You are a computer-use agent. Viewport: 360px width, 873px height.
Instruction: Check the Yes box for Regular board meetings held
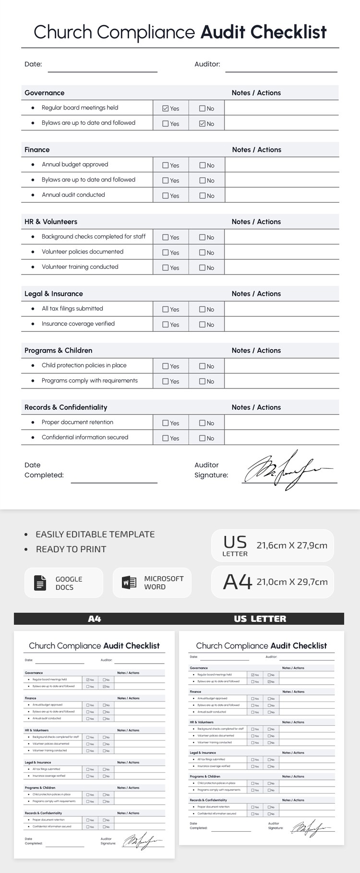pyautogui.click(x=166, y=109)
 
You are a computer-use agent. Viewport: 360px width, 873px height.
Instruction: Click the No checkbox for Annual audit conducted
pyautogui.click(x=203, y=195)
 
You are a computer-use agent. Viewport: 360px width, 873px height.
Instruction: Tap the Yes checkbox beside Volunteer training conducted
pyautogui.click(x=166, y=267)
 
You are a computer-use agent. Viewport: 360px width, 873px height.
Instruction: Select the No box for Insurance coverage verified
pyautogui.click(x=203, y=325)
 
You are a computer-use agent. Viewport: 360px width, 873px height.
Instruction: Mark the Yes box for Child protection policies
pyautogui.click(x=166, y=366)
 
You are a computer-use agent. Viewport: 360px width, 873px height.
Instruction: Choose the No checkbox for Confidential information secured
pyautogui.click(x=203, y=438)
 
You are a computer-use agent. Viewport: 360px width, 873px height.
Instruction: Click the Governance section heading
pyautogui.click(x=44, y=93)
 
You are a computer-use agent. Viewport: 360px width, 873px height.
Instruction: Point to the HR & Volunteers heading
pyautogui.click(x=51, y=221)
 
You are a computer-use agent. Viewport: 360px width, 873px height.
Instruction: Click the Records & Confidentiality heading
pyautogui.click(x=66, y=407)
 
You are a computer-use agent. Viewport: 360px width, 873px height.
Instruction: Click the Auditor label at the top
pyautogui.click(x=207, y=64)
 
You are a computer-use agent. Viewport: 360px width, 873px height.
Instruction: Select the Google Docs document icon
pyautogui.click(x=40, y=583)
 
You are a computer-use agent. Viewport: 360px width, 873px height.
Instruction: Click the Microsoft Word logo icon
pyautogui.click(x=129, y=582)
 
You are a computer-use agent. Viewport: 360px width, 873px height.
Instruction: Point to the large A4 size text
pyautogui.click(x=237, y=582)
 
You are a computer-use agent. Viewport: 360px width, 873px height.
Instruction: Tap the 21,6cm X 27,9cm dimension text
pyautogui.click(x=292, y=546)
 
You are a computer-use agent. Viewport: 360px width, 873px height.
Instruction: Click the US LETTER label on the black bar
pyautogui.click(x=260, y=618)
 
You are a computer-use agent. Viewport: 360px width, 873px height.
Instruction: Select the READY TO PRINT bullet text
pyautogui.click(x=71, y=549)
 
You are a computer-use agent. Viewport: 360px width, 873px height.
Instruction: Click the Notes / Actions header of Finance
pyautogui.click(x=256, y=149)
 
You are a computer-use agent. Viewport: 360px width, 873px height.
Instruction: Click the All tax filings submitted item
pyautogui.click(x=72, y=308)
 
